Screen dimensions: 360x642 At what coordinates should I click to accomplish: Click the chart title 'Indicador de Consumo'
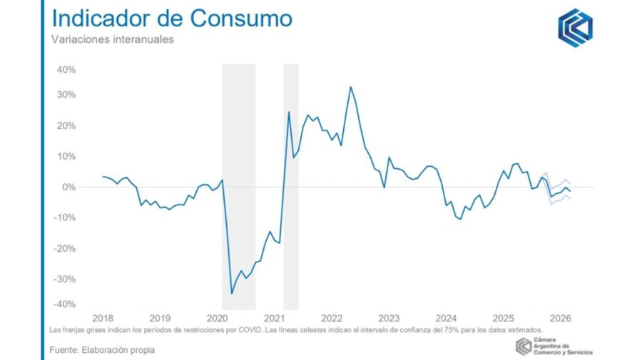coord(171,19)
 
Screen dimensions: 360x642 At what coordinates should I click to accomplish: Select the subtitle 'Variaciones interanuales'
coord(112,40)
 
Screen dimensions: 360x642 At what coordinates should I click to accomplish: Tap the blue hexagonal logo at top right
coord(575,28)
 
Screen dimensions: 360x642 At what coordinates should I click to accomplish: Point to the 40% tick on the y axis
coord(66,70)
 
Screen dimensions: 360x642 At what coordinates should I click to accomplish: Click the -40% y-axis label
coord(64,304)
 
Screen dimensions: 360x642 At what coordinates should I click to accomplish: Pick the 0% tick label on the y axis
coord(68,187)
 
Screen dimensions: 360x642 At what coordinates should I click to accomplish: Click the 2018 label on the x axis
coord(103,318)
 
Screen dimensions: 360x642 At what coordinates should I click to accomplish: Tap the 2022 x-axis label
coord(332,318)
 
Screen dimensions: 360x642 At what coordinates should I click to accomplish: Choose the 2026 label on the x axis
coord(560,318)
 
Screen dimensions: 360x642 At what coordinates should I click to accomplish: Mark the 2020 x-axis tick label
coord(217,318)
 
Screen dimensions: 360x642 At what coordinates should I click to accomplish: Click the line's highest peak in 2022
coord(350,87)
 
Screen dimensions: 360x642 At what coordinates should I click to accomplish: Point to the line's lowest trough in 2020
coord(231,293)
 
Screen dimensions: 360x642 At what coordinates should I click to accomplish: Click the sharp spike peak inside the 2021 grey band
coord(289,112)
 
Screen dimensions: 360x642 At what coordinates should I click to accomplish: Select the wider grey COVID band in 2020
coord(238,185)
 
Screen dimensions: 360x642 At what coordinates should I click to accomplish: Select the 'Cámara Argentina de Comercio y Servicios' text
coord(562,346)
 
